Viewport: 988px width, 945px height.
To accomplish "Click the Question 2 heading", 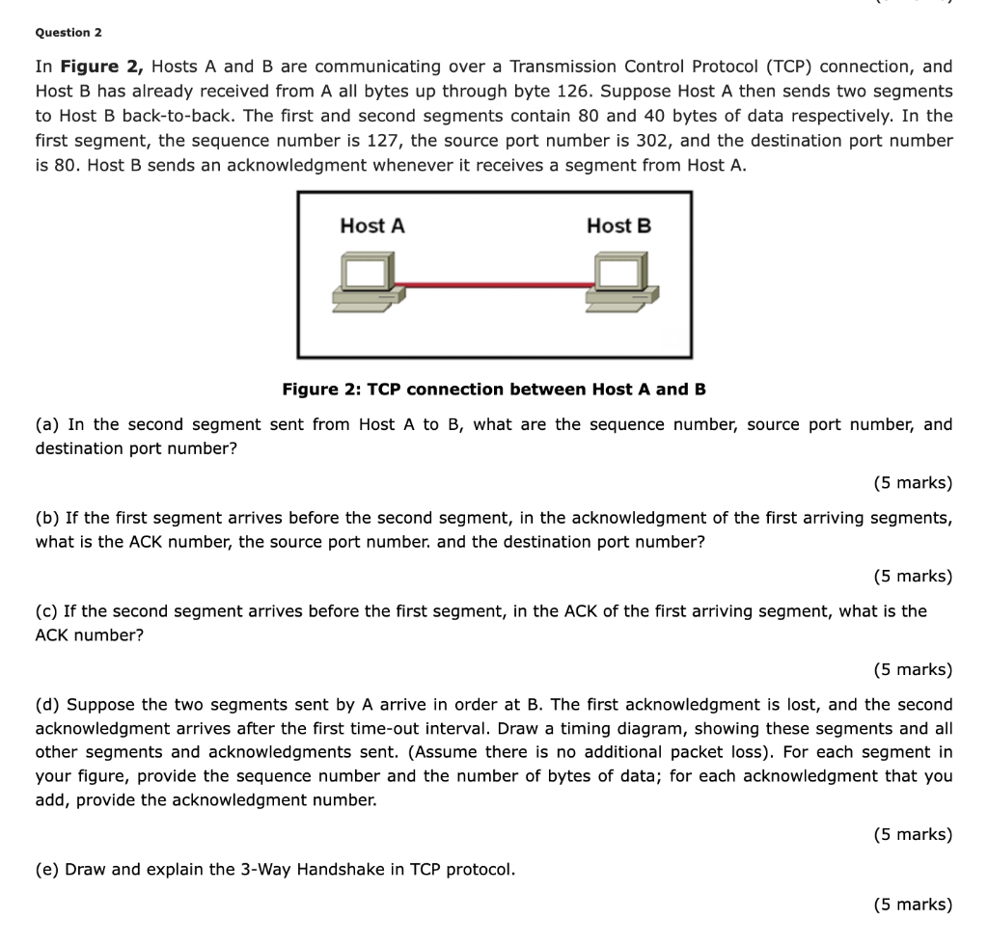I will (x=69, y=33).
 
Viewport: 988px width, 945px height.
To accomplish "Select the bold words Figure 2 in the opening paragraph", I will (x=101, y=67).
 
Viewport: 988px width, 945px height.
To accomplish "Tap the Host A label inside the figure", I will (x=372, y=226).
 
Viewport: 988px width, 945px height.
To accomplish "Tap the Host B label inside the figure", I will (x=618, y=226).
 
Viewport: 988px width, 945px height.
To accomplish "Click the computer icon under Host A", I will (x=366, y=282).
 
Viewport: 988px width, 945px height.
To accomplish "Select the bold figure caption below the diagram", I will (x=494, y=390).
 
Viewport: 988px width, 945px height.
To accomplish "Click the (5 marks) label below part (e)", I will (x=912, y=904).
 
